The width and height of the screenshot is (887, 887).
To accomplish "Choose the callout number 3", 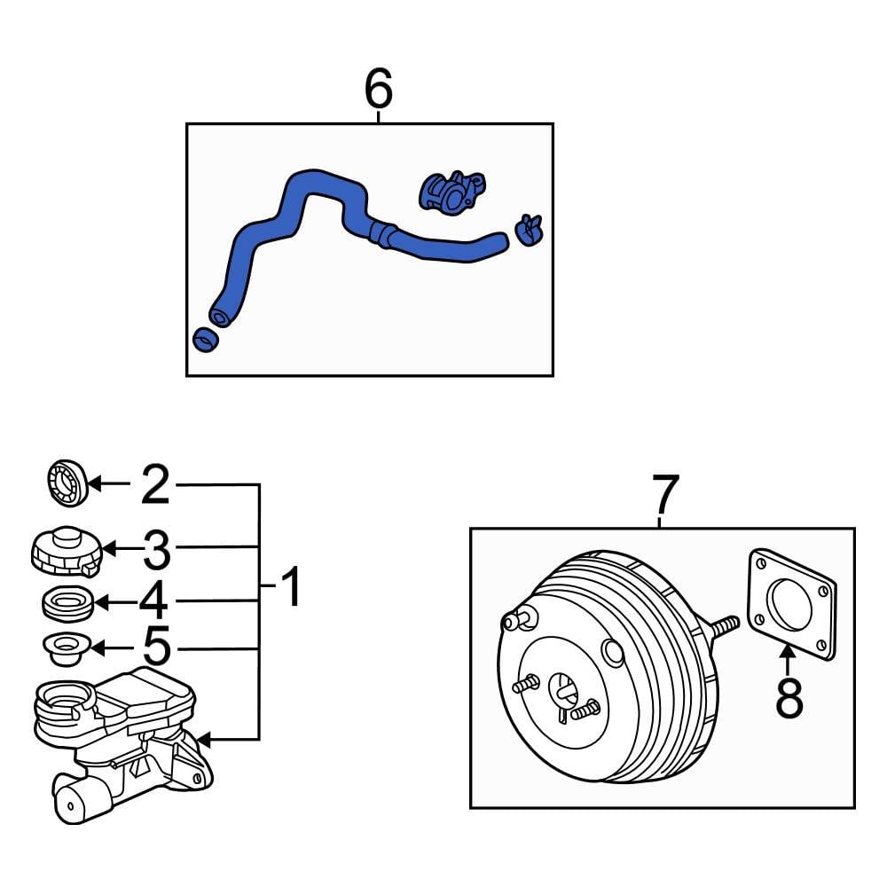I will tap(156, 550).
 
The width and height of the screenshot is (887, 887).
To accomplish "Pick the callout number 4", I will tap(153, 602).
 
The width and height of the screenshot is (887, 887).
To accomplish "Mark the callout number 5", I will tap(156, 648).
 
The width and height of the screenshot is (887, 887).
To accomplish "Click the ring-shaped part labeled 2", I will tap(66, 484).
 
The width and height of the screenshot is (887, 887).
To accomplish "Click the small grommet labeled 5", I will tap(65, 648).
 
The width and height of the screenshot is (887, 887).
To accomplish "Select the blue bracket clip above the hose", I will tap(451, 191).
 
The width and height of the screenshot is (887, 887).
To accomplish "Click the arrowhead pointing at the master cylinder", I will tap(203, 738).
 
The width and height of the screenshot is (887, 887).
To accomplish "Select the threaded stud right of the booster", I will tap(725, 627).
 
